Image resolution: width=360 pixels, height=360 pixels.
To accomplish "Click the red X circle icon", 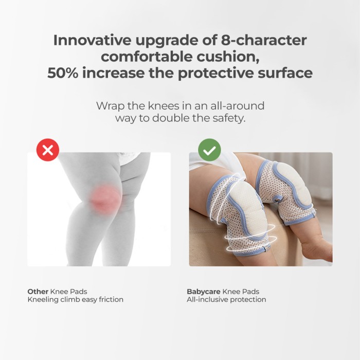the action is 48,150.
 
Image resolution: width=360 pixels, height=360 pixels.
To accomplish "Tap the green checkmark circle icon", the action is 209,150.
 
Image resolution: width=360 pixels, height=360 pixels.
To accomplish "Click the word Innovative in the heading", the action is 92,40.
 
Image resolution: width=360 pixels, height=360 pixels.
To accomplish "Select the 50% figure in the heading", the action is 63,73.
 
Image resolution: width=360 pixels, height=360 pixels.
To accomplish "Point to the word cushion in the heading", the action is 228,57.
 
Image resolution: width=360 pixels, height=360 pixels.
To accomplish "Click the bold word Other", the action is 38,292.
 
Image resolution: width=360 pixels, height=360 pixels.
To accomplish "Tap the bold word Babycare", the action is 204,292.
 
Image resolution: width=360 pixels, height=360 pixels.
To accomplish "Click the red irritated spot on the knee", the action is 106,199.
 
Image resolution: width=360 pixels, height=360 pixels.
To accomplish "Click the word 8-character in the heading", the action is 264,40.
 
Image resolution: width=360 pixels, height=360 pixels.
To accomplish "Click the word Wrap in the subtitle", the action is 111,106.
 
